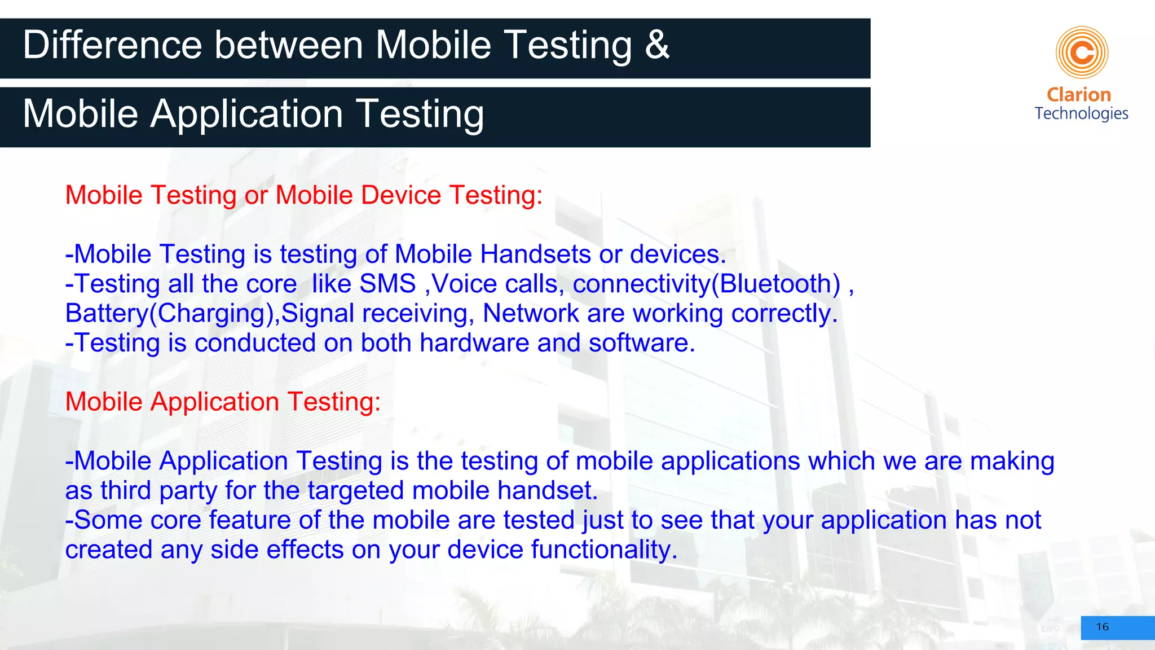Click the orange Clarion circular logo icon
pos(1082,52)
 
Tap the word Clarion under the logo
pos(1078,95)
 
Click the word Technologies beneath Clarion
pos(1081,114)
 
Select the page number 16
pos(1102,627)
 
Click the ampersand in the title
pos(657,45)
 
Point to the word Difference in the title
pos(112,45)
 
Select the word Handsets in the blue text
pos(535,254)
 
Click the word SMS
pos(387,284)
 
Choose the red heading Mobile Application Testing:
pos(223,402)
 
